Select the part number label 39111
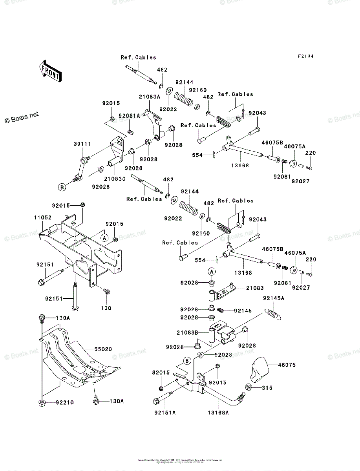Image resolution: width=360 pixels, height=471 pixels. tap(82, 144)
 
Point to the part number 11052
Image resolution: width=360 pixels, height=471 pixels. tap(41, 217)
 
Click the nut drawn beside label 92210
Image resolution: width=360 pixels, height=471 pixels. tap(42, 403)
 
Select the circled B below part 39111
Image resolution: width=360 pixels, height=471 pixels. tap(62, 187)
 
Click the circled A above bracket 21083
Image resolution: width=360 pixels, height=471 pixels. tap(211, 272)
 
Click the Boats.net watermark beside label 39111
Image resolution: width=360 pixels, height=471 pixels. tap(22, 117)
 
